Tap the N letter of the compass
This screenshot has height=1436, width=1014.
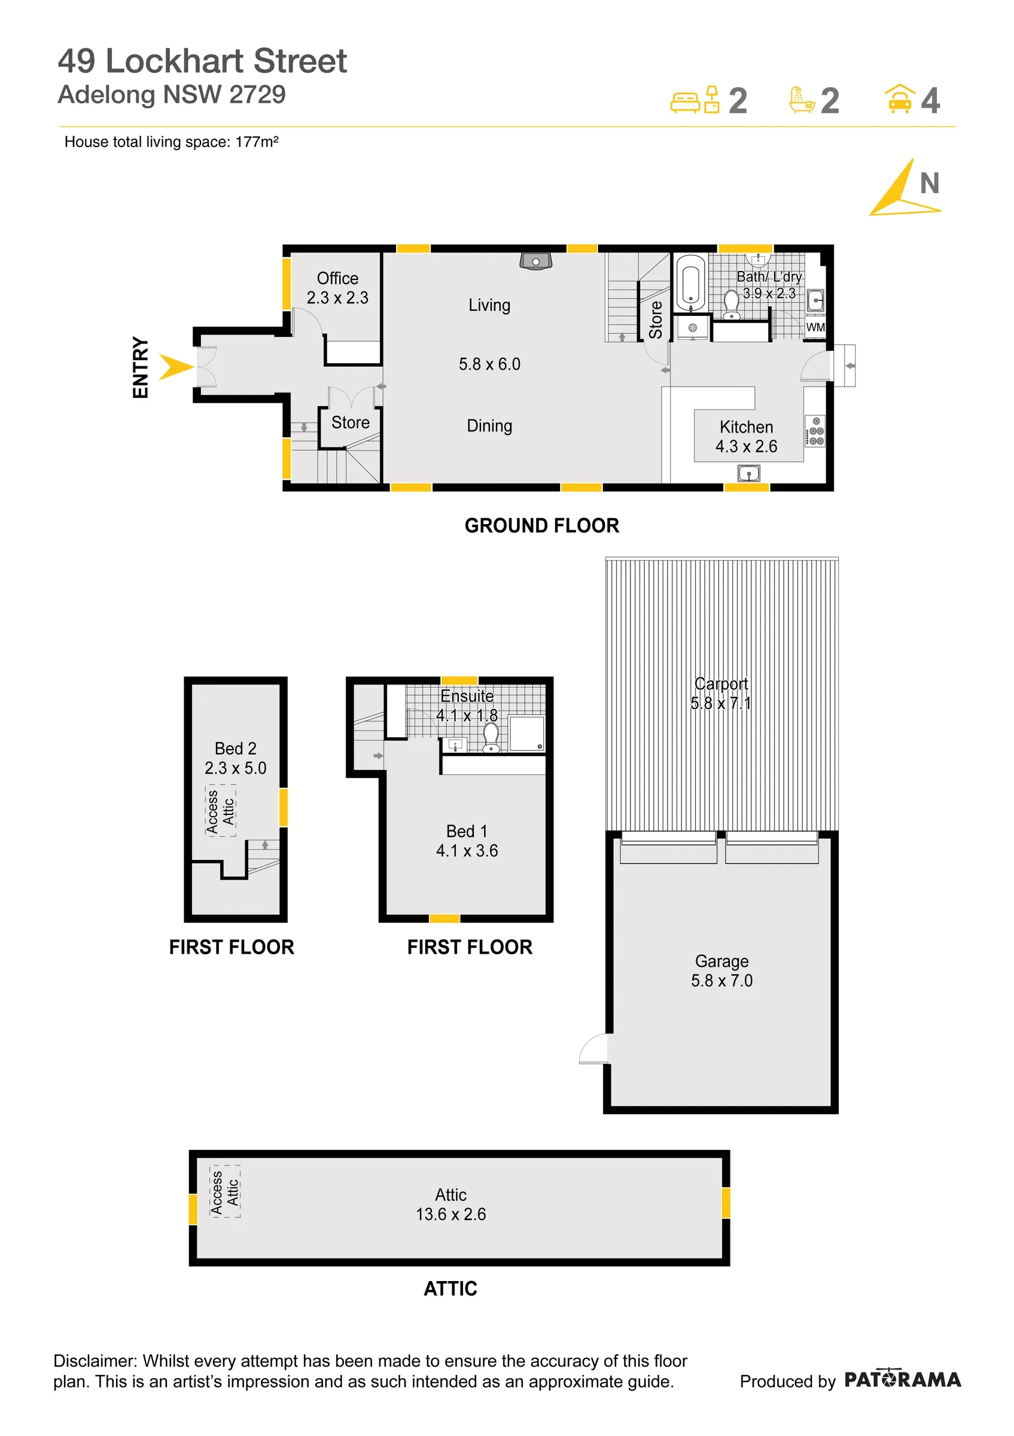(930, 183)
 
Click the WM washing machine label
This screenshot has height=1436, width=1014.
(815, 327)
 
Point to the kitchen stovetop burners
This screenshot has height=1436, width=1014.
(815, 431)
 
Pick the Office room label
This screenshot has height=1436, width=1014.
(337, 278)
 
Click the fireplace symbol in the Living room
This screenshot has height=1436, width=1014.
(536, 260)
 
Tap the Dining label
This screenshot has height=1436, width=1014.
(489, 426)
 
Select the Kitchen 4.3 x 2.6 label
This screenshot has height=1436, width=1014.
(747, 437)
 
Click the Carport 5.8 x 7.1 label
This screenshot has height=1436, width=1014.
(721, 693)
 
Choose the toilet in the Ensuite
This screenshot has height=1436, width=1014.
(491, 737)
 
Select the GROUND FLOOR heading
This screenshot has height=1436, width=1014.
(541, 525)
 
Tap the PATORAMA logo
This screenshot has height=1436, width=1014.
(903, 1379)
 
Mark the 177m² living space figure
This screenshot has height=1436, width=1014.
(256, 142)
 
